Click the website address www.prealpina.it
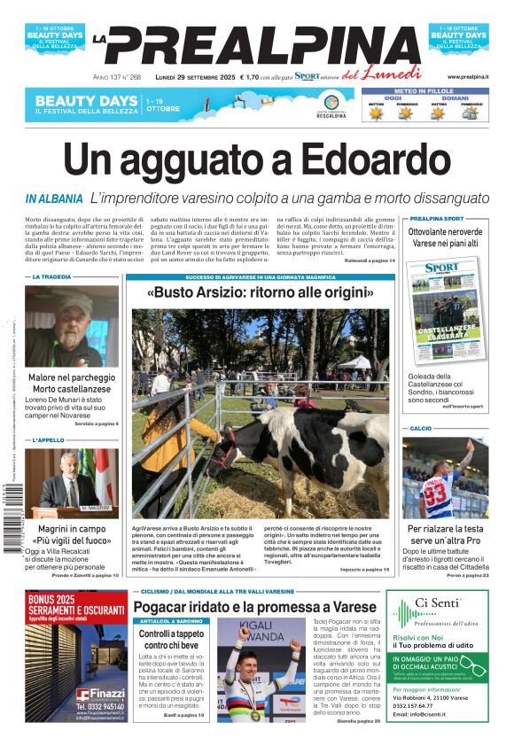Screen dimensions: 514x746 (x=468, y=77)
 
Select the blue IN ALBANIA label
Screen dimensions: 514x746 (x=54, y=199)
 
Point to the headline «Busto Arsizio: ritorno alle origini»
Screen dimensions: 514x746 (x=260, y=292)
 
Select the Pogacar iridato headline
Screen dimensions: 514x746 (x=255, y=607)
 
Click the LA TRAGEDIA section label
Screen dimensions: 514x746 (x=51, y=277)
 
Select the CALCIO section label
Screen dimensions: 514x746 (x=421, y=429)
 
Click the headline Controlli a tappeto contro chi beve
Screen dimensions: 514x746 (x=171, y=641)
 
